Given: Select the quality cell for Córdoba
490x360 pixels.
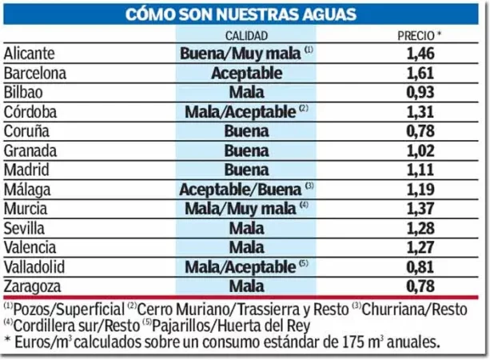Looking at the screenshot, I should (241, 111).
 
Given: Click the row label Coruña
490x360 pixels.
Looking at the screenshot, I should (28, 130).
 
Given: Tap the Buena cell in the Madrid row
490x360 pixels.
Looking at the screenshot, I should (246, 169).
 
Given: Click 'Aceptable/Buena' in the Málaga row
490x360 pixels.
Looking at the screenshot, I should (241, 189).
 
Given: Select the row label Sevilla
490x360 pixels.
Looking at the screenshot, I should (26, 227).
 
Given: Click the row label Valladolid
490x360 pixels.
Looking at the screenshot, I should (35, 266).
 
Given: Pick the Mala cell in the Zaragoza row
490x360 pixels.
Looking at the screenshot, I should (246, 286).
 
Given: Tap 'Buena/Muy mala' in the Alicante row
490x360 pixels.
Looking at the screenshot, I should (241, 54).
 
